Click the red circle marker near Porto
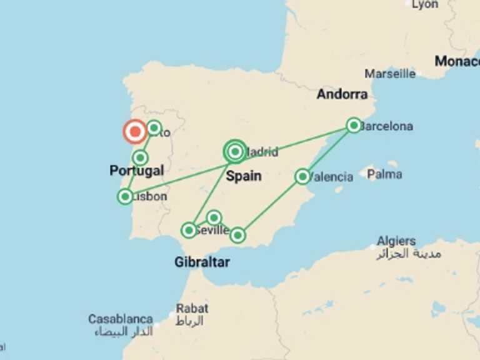[135, 131]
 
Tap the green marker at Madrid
[235, 151]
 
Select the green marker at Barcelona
[354, 125]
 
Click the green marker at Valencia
[302, 176]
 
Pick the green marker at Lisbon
[125, 196]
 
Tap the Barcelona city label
[387, 126]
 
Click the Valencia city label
[332, 177]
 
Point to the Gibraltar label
[201, 262]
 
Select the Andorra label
[342, 94]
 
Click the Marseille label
[390, 74]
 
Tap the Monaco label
[457, 61]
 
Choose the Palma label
[384, 174]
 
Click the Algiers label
[396, 241]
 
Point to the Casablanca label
[121, 319]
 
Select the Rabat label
[192, 308]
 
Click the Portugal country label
[136, 170]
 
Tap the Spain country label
[243, 176]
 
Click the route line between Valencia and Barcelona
[328, 151]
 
